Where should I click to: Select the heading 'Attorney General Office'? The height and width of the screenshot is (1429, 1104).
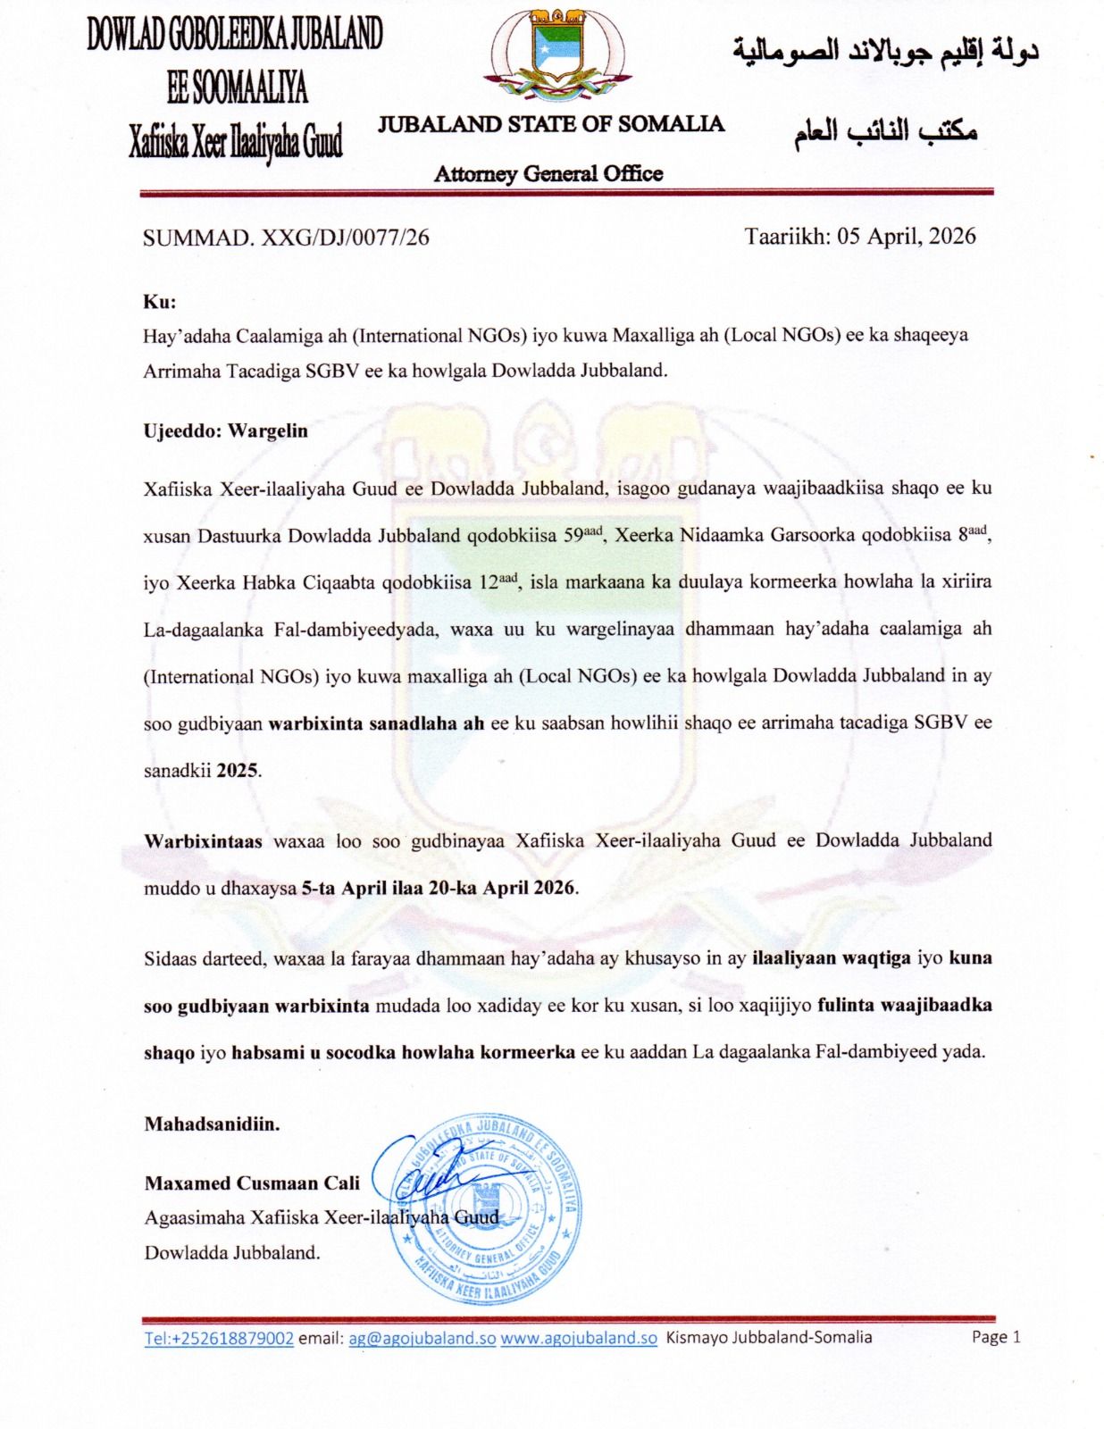(548, 173)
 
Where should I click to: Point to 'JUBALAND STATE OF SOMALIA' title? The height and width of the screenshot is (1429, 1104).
(550, 124)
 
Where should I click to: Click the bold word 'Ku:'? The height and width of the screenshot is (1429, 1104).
(160, 302)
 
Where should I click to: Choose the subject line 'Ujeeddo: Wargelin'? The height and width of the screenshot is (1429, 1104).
(225, 430)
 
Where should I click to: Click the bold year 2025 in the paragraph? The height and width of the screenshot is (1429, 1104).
(238, 770)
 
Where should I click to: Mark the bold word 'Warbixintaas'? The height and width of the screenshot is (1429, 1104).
(203, 841)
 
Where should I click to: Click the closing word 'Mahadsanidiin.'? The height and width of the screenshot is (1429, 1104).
(212, 1124)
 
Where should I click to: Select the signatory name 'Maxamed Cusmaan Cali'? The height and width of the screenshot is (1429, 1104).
(252, 1183)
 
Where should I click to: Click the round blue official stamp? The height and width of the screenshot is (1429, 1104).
(487, 1210)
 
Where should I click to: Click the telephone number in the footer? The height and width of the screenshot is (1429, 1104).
(219, 1338)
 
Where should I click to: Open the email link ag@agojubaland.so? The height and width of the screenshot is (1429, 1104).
(422, 1338)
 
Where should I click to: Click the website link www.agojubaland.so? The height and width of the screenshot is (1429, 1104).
(578, 1338)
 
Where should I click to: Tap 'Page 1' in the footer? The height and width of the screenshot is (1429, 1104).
(995, 1337)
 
